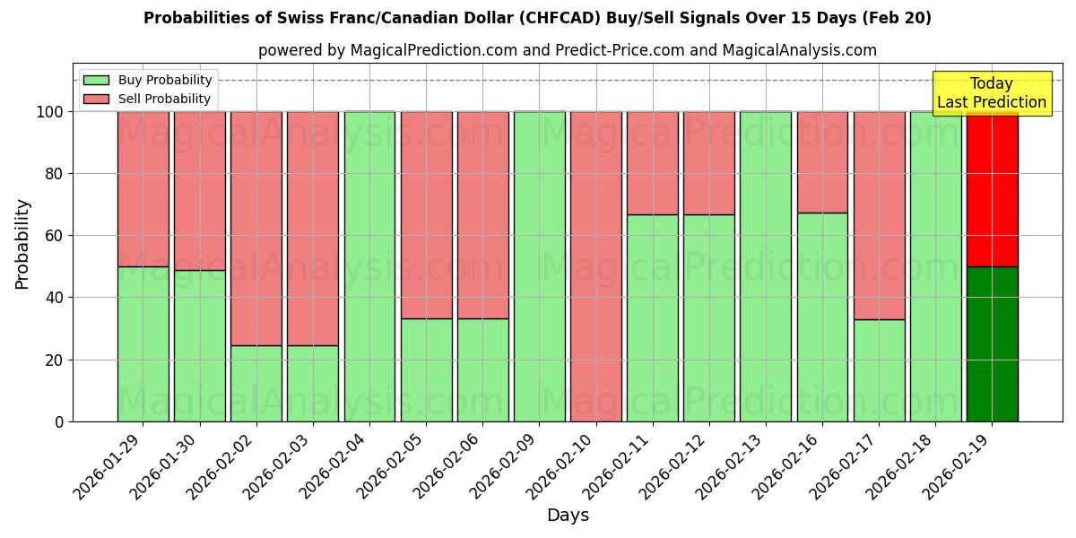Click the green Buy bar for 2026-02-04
pyautogui.click(x=369, y=266)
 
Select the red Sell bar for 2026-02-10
pyautogui.click(x=596, y=266)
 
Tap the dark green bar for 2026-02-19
pyautogui.click(x=993, y=343)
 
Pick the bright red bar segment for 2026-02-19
pyautogui.click(x=993, y=189)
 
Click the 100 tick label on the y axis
pyautogui.click(x=51, y=112)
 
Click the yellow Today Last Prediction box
pyautogui.click(x=992, y=93)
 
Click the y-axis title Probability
pyautogui.click(x=22, y=244)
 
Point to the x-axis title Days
pyautogui.click(x=568, y=516)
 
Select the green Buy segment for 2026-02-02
pyautogui.click(x=256, y=383)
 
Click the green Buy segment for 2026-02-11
pyautogui.click(x=653, y=317)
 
